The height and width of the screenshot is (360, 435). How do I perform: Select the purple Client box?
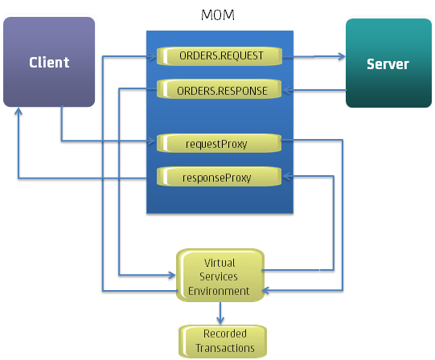49,63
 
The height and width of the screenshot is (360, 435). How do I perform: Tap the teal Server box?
388,64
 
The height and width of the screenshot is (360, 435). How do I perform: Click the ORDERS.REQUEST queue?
220,56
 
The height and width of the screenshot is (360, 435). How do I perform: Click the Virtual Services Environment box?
220,276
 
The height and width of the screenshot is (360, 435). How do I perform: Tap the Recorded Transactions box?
224,341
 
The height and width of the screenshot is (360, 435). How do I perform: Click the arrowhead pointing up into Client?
18,113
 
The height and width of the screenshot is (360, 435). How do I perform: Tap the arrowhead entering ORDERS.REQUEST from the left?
154,56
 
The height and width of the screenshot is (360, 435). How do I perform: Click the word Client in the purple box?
49,63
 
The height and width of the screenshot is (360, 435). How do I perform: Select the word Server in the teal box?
388,64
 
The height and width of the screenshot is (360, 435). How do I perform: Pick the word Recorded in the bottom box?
225,333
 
